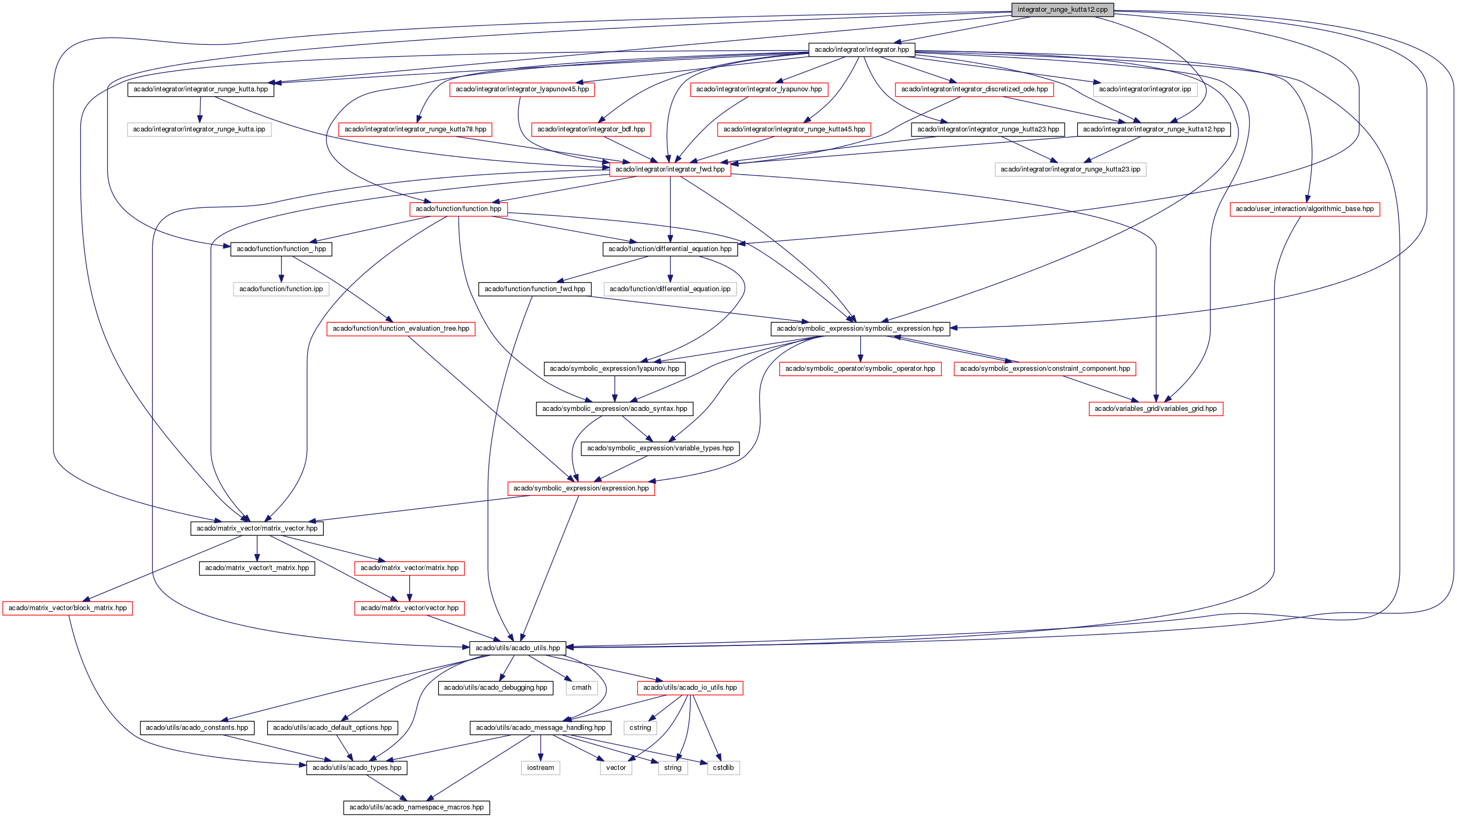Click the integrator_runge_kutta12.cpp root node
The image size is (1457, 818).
(1062, 10)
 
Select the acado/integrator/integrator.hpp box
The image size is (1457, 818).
(861, 50)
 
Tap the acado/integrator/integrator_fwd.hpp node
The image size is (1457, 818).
(669, 169)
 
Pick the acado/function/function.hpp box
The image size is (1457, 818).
(458, 209)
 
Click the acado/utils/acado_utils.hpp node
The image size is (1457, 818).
(518, 648)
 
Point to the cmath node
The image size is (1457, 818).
(581, 688)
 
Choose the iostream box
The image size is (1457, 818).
(540, 768)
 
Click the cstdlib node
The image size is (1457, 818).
(723, 768)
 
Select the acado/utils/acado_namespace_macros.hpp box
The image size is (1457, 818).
(416, 807)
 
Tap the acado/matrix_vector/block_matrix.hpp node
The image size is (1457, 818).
(67, 608)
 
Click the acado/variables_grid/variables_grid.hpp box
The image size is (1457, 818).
(1156, 408)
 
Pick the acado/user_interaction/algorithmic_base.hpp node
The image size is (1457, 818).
(1304, 209)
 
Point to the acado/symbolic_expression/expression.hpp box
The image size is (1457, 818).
(581, 488)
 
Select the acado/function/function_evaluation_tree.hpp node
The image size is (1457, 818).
(401, 329)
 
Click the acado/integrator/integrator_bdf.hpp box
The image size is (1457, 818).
(591, 129)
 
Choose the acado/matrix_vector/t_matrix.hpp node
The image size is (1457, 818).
(257, 568)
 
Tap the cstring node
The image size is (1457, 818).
(640, 728)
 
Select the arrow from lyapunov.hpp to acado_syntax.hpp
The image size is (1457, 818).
(615, 388)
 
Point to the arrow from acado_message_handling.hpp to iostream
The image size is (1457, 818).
(541, 748)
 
